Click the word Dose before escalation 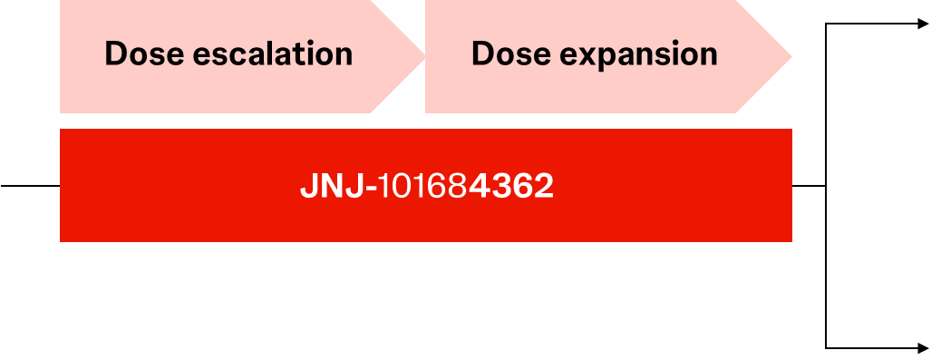(144, 54)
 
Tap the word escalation (273, 54)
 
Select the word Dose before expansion (510, 54)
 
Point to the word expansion (638, 56)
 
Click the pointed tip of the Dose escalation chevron (425, 57)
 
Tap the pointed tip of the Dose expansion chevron (791, 57)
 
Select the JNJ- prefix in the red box (338, 186)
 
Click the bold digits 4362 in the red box (511, 186)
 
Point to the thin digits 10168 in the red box (423, 186)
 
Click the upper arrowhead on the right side (924, 24)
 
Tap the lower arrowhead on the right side (924, 348)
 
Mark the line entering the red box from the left (30, 186)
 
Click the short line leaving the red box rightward (809, 186)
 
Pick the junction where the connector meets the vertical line (826, 186)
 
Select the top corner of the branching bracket (826, 24)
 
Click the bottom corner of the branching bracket (826, 348)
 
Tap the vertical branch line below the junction (826, 267)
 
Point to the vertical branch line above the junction (826, 105)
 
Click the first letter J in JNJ (308, 186)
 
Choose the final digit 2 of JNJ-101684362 (545, 186)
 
